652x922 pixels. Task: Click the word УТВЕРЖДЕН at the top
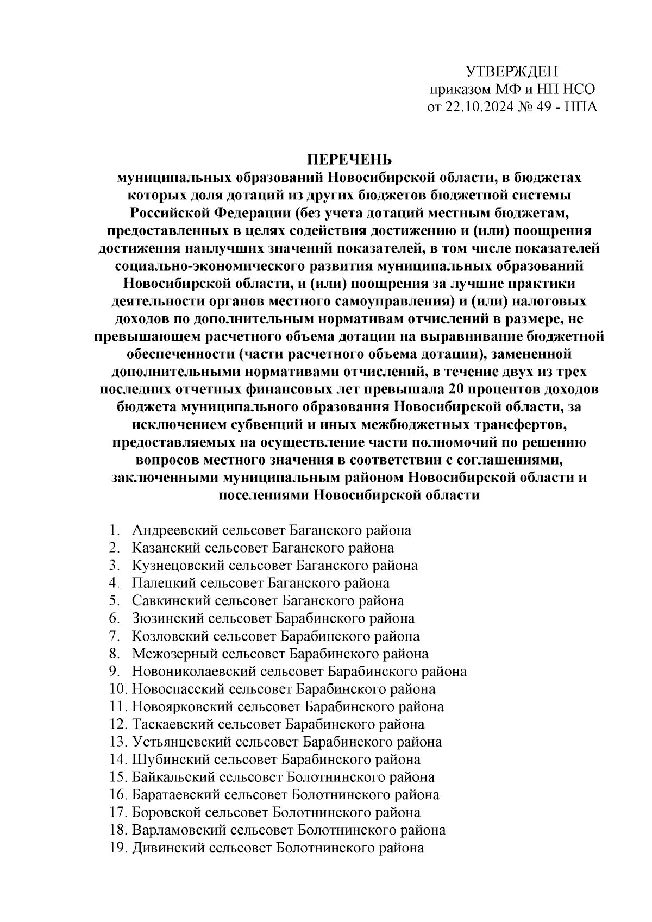pos(512,72)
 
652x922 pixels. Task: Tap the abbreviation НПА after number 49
pos(581,107)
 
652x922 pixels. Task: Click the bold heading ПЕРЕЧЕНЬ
pos(349,160)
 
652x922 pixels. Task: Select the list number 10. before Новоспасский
pos(118,689)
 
